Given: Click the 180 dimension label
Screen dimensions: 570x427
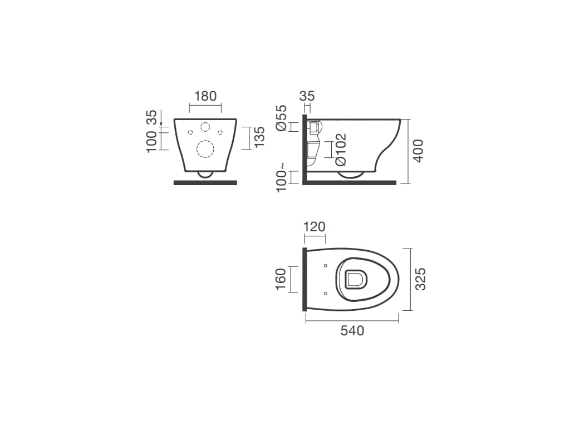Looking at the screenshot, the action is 205,96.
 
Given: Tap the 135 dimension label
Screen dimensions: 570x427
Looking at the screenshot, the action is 259,137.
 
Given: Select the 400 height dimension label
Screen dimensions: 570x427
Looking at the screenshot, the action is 419,151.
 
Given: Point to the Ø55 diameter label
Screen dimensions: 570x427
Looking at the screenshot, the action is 281,118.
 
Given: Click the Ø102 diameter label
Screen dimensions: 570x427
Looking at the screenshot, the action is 341,150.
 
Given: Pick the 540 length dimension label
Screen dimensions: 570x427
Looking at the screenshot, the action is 352,331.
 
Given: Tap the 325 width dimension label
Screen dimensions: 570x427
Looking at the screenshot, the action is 420,279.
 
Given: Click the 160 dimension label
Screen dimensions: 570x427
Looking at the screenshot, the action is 281,279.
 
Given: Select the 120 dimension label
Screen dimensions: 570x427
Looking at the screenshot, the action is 314,227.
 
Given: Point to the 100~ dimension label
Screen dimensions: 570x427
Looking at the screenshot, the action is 282,177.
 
